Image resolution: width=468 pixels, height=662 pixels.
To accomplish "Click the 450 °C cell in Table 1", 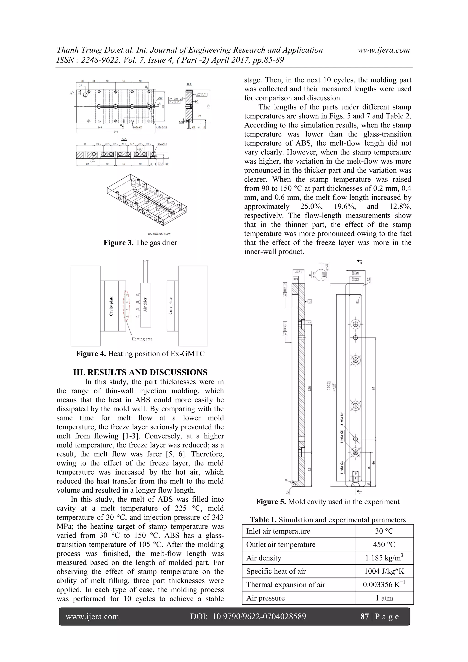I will [x=384, y=545].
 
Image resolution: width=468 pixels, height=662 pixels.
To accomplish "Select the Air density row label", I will [x=263, y=558].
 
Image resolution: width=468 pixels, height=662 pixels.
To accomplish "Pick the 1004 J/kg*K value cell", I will [x=384, y=571].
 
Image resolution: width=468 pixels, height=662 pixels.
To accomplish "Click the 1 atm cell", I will [x=384, y=598].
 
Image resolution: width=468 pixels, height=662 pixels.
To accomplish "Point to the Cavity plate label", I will [x=111, y=306].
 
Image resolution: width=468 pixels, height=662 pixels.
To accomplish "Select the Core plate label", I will [x=170, y=306].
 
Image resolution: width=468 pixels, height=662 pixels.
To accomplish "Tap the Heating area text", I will [x=142, y=339].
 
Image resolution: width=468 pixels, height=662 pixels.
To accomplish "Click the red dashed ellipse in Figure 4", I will [x=127, y=306].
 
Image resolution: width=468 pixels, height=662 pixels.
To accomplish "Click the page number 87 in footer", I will [x=364, y=617].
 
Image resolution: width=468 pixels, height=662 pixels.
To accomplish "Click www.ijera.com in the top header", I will [x=383, y=50].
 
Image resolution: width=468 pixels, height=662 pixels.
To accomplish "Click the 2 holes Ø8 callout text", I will [x=342, y=467].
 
